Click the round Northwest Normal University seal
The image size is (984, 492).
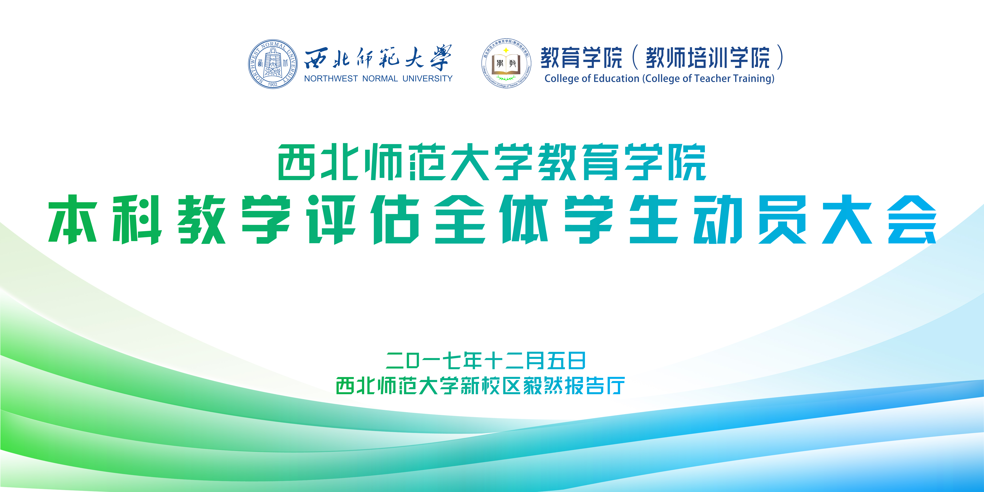point(273,64)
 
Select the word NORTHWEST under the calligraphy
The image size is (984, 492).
point(331,79)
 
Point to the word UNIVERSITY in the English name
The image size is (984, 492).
point(428,79)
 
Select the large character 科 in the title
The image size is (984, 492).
point(137,219)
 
